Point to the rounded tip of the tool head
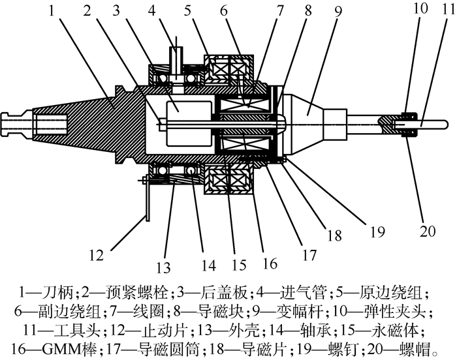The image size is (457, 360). (443, 123)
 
